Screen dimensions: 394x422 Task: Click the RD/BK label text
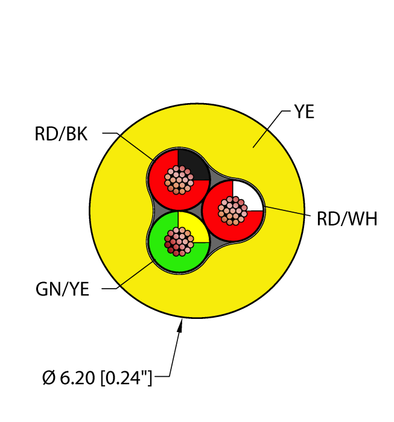click(x=61, y=134)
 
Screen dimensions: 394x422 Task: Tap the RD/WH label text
click(x=347, y=219)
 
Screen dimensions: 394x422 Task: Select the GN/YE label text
click(x=62, y=289)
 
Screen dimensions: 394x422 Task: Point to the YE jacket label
click(x=304, y=112)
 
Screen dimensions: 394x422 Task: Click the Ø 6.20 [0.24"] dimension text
click(x=97, y=377)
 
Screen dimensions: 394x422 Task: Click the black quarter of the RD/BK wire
click(x=192, y=164)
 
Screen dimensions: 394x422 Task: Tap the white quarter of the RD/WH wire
click(x=247, y=195)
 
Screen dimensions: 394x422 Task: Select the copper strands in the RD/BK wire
click(x=179, y=180)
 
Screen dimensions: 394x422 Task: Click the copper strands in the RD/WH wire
click(x=233, y=211)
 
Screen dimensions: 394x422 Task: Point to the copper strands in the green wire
click(x=179, y=242)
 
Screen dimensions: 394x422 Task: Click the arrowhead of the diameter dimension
click(x=180, y=325)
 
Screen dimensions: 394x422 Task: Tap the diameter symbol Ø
click(x=49, y=377)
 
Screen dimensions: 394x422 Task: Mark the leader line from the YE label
click(x=272, y=129)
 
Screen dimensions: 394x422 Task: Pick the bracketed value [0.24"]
click(x=126, y=377)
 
